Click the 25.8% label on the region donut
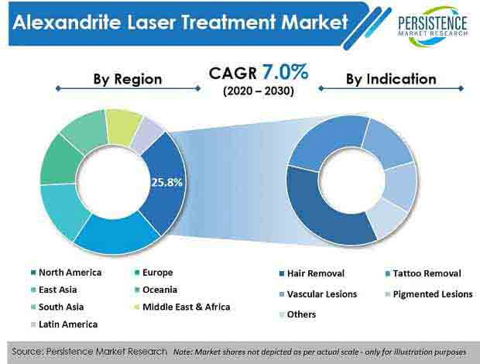166,183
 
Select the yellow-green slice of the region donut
122,125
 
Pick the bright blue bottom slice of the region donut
116,233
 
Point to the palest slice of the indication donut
386,218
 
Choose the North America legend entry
67,273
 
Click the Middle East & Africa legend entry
183,307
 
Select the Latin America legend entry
64,325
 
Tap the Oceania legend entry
156,290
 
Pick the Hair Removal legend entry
312,273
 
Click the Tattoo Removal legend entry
423,273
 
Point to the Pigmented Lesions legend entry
429,294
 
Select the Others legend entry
297,314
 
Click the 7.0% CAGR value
285,72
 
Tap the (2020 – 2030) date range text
259,91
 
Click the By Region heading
128,79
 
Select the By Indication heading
391,79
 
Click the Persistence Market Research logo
433,26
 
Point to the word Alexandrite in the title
67,22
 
